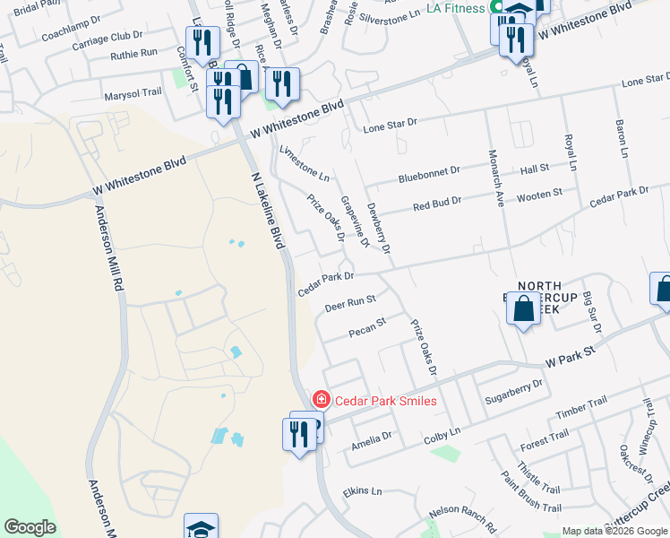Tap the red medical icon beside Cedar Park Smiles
click(320, 400)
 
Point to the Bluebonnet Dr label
click(429, 170)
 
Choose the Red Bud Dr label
click(437, 205)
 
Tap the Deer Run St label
click(349, 303)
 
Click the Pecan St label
click(366, 323)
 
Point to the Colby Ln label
click(442, 433)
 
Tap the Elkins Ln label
click(362, 491)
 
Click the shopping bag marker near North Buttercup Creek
click(523, 310)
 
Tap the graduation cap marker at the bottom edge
click(201, 526)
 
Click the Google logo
click(30, 527)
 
